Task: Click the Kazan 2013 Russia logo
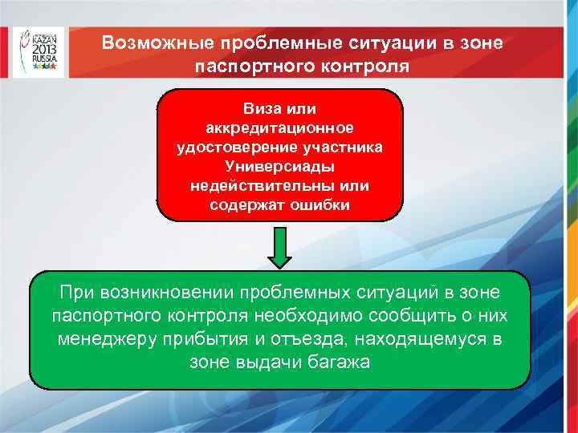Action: (38, 52)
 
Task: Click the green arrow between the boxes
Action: (279, 246)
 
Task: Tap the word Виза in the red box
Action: (259, 108)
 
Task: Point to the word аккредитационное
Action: (279, 127)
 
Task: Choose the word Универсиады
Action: (279, 166)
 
